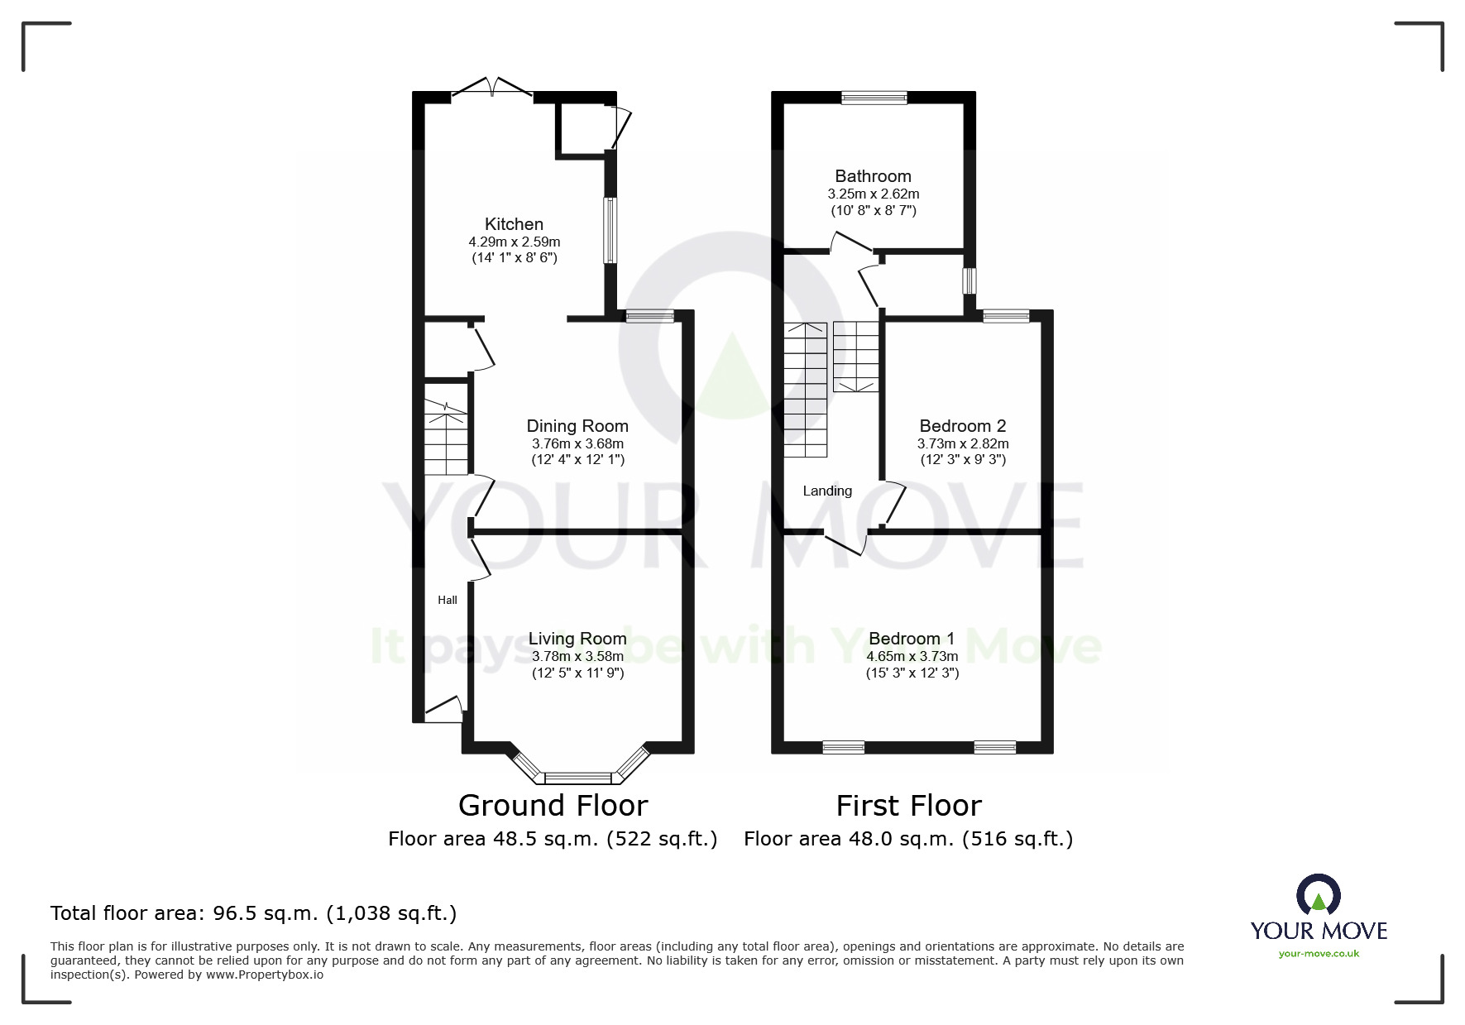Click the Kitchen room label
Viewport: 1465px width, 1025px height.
tap(514, 224)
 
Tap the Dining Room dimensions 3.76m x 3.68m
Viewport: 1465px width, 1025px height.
tap(577, 444)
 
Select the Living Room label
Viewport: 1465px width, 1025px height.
tap(577, 639)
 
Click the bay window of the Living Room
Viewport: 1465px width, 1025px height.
tap(578, 777)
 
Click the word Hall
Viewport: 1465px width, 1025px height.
tap(448, 600)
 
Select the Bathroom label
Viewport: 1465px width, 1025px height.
tap(873, 176)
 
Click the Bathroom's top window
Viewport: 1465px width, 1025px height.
tap(874, 98)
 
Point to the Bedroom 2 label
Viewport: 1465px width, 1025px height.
tap(963, 426)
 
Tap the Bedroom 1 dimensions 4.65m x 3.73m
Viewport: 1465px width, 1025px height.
tap(912, 657)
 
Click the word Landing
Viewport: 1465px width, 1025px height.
tap(827, 491)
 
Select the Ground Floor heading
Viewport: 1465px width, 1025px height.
tap(553, 805)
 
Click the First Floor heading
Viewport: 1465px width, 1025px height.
tap(908, 805)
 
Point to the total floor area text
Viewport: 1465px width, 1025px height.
tap(253, 913)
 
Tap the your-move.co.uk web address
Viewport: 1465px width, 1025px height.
tap(1319, 954)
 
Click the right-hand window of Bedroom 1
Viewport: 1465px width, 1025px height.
tap(994, 747)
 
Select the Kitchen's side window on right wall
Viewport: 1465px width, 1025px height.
tap(610, 230)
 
